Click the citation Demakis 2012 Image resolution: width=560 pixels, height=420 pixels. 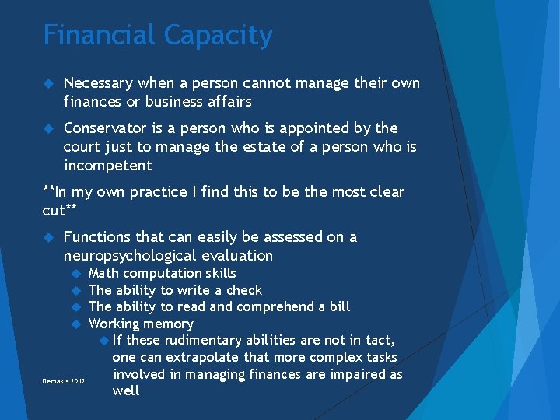(64, 381)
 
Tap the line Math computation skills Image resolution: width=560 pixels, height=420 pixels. (163, 273)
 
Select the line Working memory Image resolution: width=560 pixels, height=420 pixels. (141, 324)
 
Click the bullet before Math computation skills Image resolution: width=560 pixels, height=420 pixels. (76, 273)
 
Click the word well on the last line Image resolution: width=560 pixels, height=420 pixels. (126, 390)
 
